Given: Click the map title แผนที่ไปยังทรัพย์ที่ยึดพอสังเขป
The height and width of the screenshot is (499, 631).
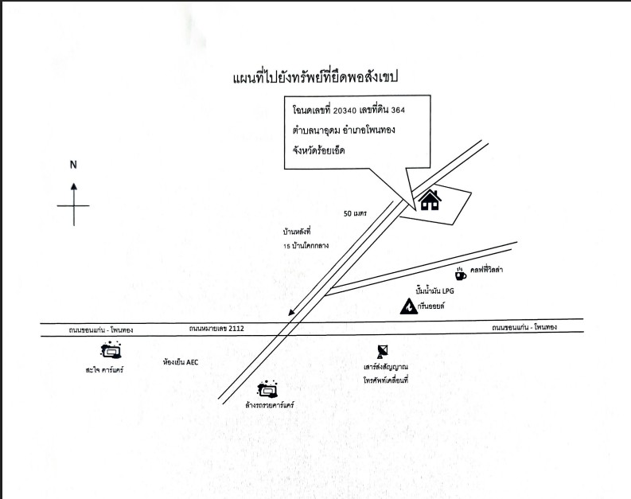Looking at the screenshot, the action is click(315, 77).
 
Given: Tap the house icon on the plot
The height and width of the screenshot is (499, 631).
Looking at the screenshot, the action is click(430, 200).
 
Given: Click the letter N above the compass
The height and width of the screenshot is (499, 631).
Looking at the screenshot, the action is click(73, 165).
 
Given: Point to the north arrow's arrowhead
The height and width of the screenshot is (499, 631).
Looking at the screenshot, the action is click(74, 186).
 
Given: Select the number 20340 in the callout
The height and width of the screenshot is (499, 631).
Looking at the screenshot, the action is click(345, 111).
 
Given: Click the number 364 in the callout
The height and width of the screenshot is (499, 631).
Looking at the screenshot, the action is click(398, 111).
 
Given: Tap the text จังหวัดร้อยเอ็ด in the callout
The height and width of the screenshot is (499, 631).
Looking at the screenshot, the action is click(319, 151).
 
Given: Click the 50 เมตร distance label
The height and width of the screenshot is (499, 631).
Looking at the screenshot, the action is click(355, 213).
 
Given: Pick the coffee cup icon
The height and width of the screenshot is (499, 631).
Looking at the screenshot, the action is click(461, 275).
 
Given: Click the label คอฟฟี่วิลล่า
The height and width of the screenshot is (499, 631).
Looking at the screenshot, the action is click(486, 270).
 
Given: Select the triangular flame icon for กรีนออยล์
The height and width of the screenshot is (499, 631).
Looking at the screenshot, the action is click(408, 306).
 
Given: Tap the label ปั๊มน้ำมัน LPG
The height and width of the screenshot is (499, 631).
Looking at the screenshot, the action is click(434, 290).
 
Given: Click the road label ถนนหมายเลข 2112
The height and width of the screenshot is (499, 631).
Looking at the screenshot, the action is click(216, 329).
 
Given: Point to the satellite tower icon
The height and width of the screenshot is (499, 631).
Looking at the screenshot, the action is click(382, 352).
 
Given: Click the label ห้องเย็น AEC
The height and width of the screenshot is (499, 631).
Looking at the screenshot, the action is click(181, 362).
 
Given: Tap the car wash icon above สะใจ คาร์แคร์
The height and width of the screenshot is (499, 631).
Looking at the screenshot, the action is click(111, 350).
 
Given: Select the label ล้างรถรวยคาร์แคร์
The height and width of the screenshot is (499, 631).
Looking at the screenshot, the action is click(269, 405).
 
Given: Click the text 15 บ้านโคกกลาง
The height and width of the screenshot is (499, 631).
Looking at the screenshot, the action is click(306, 245).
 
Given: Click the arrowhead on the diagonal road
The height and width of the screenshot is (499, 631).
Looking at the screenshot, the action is click(291, 313).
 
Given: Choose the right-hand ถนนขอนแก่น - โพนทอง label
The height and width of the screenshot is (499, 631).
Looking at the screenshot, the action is click(524, 328).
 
